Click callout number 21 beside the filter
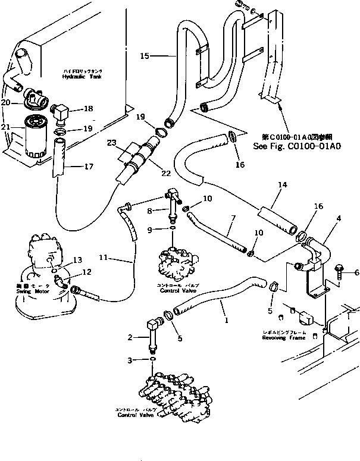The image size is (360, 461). click(6, 127)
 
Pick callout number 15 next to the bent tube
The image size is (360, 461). click(144, 56)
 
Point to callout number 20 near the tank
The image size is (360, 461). click(6, 102)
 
